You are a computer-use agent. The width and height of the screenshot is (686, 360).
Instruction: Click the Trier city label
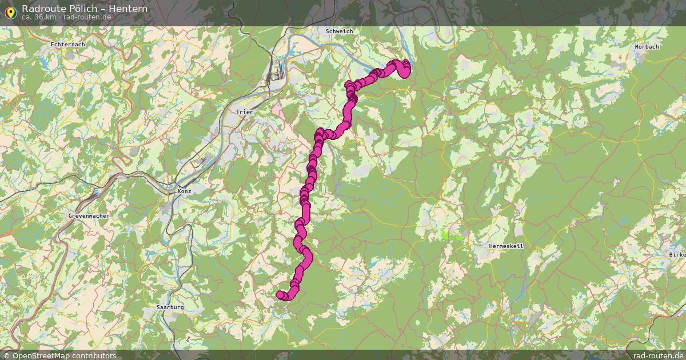click(245, 113)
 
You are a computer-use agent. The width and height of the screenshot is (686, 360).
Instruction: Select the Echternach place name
click(67, 44)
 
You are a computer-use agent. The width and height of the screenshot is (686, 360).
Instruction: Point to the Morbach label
click(647, 46)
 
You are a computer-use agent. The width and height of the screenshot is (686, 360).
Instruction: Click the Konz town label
click(184, 191)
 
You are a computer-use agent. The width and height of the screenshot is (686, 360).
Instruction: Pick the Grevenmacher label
click(89, 216)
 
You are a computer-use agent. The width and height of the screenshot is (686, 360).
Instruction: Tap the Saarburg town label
click(170, 307)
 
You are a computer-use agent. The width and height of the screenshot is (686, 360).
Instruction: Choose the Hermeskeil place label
click(506, 246)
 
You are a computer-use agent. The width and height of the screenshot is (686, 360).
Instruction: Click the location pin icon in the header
click(10, 11)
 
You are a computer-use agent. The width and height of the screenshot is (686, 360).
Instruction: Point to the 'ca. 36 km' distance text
click(39, 17)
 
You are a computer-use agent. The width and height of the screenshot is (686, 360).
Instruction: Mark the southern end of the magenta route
click(280, 295)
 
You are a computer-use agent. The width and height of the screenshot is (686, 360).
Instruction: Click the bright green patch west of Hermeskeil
click(446, 235)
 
